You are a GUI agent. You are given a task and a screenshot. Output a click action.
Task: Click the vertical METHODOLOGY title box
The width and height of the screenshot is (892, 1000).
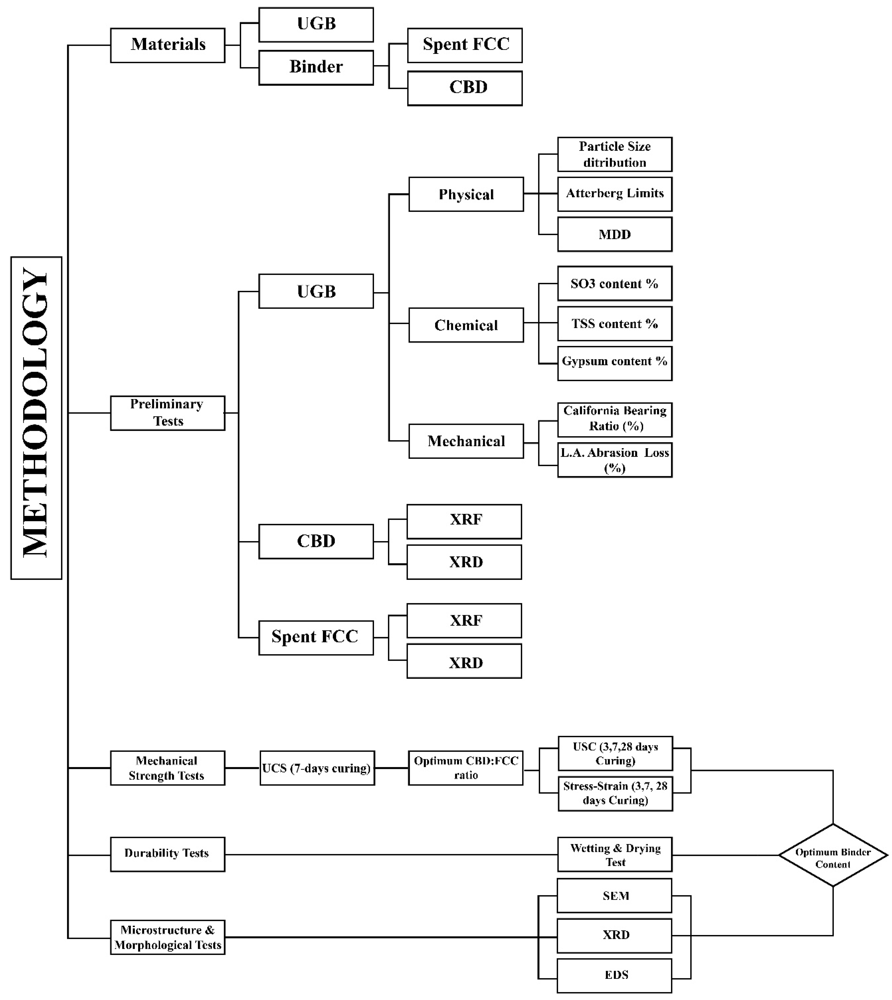tap(36, 418)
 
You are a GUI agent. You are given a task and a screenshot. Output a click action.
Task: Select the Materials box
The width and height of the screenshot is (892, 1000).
tap(168, 45)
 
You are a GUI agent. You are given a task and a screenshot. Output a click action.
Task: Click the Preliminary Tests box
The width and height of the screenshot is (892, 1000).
tap(168, 413)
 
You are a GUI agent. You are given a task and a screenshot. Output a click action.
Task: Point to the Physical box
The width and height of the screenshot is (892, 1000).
tap(466, 194)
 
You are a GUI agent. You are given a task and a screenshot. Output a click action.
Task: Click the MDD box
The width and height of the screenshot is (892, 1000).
tap(614, 235)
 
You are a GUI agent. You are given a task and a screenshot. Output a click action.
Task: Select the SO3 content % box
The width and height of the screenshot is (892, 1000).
tap(614, 284)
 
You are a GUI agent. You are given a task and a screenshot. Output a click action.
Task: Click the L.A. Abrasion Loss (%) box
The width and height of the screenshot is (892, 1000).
tap(614, 460)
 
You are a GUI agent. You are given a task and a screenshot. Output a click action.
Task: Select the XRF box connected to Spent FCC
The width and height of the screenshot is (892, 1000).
tap(464, 620)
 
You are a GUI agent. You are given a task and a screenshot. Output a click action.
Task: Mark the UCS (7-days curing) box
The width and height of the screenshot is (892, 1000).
tap(317, 768)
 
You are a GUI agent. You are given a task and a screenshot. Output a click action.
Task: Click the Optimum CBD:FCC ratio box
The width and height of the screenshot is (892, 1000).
tap(466, 768)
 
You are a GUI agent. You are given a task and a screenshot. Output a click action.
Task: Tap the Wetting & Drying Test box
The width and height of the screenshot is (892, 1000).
tap(614, 855)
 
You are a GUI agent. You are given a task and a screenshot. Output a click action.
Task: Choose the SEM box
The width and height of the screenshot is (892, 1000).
tap(614, 896)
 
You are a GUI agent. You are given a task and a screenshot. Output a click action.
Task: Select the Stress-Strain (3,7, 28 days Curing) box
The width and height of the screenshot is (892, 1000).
tap(615, 793)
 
